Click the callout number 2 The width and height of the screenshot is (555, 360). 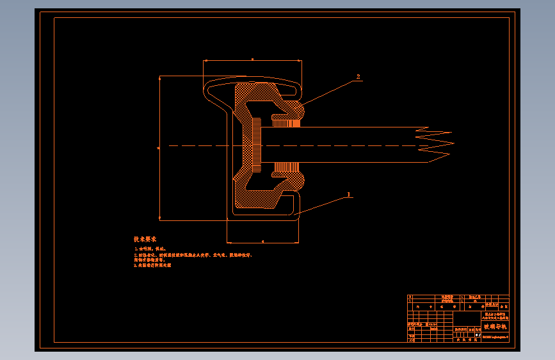358,77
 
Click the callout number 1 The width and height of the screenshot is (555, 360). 348,193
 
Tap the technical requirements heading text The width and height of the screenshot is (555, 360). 145,239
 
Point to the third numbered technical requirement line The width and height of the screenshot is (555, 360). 154,265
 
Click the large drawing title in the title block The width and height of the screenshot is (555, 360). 494,327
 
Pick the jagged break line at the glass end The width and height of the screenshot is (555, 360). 435,145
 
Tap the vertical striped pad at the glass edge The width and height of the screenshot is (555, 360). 257,145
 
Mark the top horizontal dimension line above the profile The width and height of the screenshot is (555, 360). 252,61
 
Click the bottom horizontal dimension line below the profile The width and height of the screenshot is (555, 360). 262,243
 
